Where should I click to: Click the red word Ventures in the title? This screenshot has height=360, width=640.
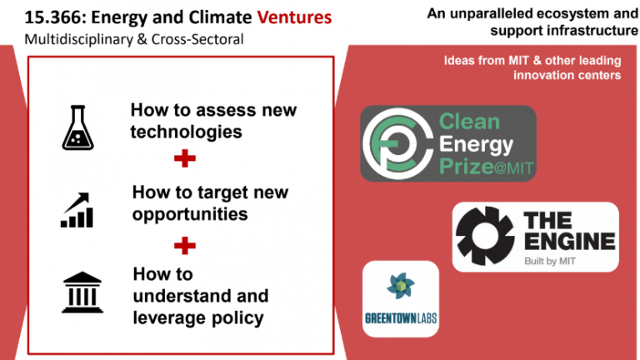294,17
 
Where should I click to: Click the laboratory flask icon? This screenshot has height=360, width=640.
77,127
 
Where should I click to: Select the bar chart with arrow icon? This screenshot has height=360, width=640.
77,210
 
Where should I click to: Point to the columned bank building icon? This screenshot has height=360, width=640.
82,292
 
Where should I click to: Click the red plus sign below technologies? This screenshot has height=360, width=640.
185,158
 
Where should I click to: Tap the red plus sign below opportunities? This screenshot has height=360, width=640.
185,246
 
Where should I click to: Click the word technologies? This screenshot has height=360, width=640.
186,132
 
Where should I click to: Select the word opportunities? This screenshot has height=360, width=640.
190,215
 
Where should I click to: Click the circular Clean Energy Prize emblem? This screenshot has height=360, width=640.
397,143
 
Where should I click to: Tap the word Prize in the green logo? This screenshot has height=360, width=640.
466,166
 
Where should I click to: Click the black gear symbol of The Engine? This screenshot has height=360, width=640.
485,236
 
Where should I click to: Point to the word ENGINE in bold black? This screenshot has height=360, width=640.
569,241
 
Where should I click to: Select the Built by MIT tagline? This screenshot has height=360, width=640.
550,261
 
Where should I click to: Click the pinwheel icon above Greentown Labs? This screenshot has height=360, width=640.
400,286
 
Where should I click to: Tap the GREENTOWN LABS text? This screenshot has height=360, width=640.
401,318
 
